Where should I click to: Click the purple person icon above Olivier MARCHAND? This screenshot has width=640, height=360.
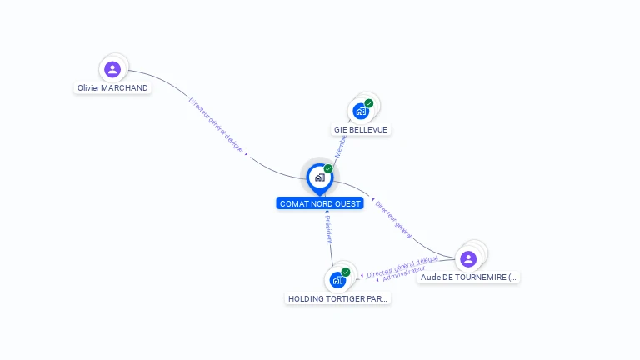(x=112, y=69)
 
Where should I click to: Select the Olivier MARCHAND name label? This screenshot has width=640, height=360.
(x=112, y=87)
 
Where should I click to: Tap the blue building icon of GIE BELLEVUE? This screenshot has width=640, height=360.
(x=360, y=111)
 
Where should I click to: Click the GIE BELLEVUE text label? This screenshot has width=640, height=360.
(x=361, y=129)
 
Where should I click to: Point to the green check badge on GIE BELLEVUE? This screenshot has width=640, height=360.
(x=369, y=103)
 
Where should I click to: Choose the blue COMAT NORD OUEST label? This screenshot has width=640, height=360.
(x=320, y=203)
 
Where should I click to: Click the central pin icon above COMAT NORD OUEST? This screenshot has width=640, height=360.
(x=319, y=177)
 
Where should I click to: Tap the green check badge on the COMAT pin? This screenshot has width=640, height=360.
(x=328, y=169)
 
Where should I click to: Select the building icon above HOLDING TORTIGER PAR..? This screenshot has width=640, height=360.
(x=337, y=279)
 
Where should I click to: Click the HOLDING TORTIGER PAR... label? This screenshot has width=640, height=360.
(x=337, y=298)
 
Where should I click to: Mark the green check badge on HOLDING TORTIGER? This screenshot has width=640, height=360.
(x=346, y=272)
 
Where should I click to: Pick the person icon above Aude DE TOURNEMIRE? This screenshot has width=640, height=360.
(x=468, y=258)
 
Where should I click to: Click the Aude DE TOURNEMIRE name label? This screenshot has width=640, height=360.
(x=468, y=277)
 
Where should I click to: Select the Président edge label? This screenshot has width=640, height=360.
(x=328, y=228)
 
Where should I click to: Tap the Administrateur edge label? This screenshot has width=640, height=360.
(x=403, y=274)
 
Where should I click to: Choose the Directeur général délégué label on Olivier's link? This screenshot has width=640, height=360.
(x=216, y=125)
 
